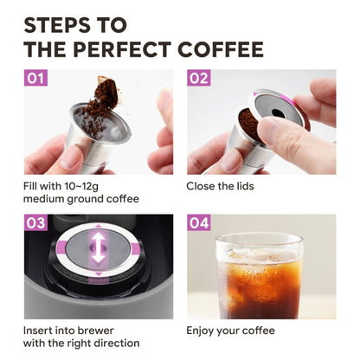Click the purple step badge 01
tap(36, 79)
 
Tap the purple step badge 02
tap(199, 79)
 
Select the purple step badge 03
tap(36, 223)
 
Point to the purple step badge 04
tap(199, 223)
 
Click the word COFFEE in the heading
tap(220, 48)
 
